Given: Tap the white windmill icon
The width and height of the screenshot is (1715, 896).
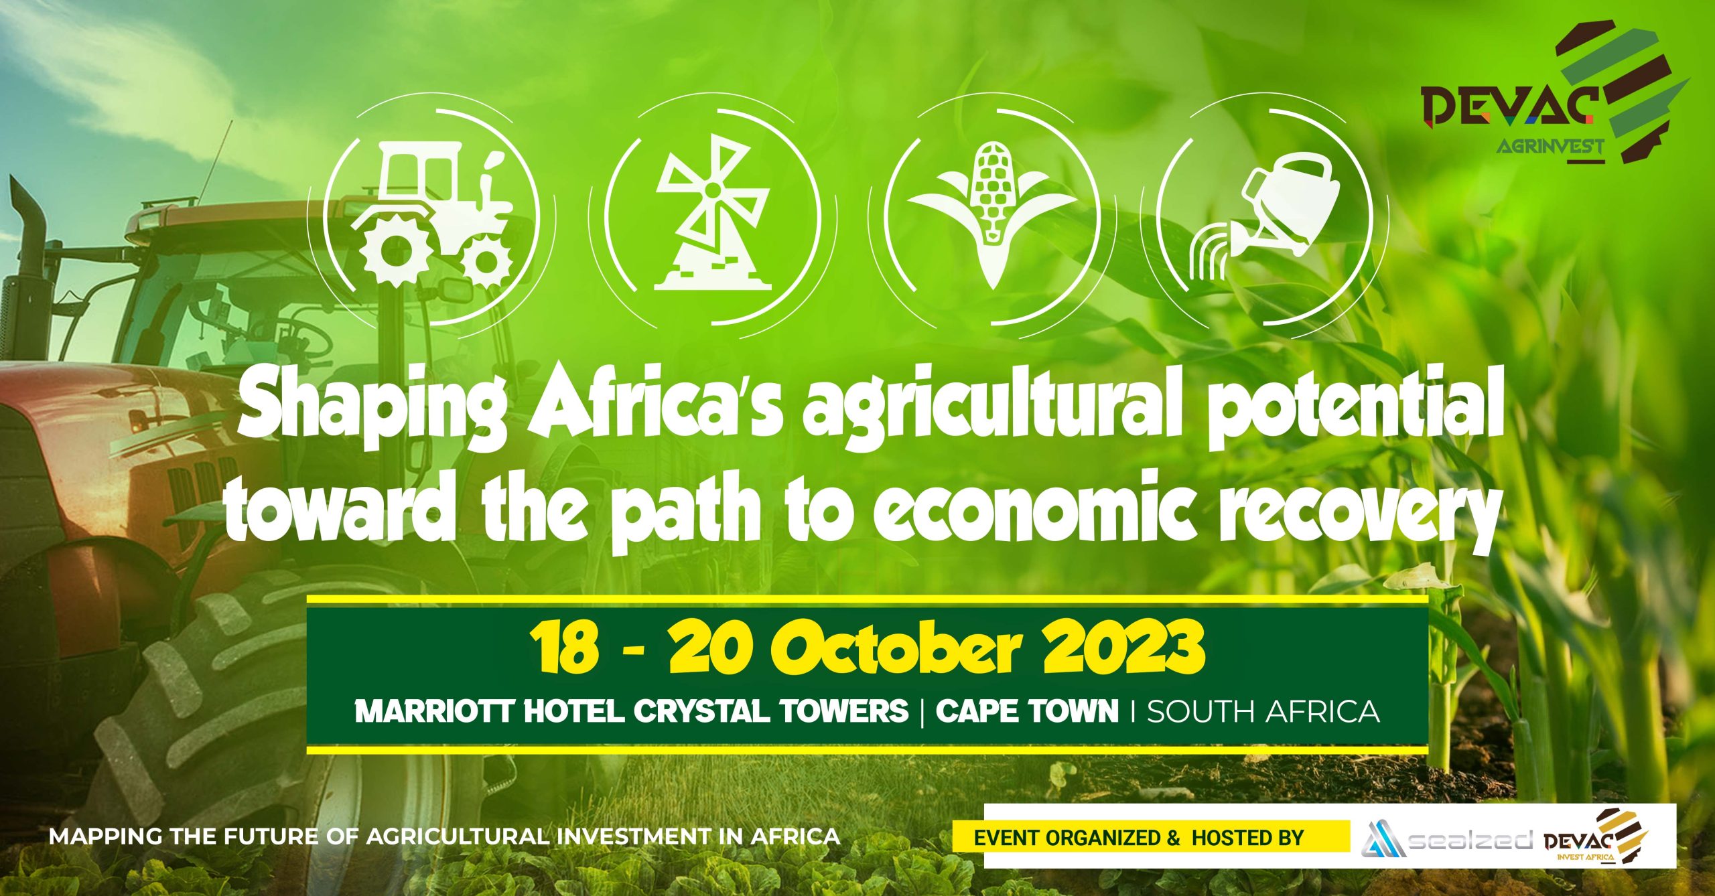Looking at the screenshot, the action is click(712, 212).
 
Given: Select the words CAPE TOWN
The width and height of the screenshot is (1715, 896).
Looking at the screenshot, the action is click(1027, 711).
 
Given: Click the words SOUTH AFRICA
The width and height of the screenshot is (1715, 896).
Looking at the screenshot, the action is click(1263, 711).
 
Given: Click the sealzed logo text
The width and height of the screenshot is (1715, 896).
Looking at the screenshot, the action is click(1470, 840).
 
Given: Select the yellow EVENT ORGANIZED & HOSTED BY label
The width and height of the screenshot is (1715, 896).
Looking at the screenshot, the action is click(1151, 837).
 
